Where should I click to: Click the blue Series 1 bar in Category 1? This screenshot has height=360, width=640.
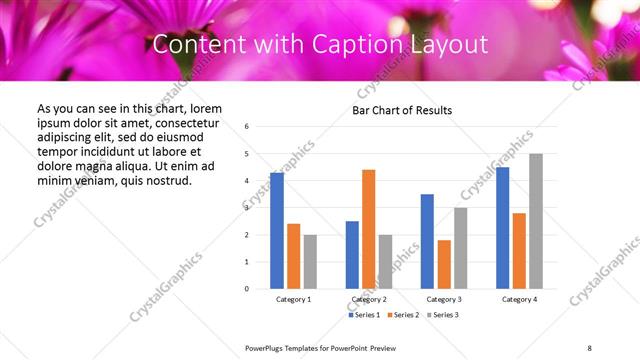pos(277,231)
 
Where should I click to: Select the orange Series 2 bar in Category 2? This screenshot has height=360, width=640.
pos(369,229)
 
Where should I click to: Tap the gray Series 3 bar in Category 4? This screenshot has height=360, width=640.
pos(536,221)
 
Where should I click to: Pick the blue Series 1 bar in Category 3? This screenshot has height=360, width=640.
pos(427,241)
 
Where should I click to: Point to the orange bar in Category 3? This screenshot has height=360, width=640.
pos(444,264)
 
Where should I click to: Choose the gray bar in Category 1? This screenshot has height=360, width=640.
pos(311,262)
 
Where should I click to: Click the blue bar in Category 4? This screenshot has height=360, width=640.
pos(502,228)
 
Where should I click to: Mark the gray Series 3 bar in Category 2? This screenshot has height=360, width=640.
pos(386,262)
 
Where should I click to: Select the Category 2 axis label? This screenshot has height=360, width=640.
pos(369,299)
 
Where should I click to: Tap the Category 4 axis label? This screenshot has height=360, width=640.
pos(519,299)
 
